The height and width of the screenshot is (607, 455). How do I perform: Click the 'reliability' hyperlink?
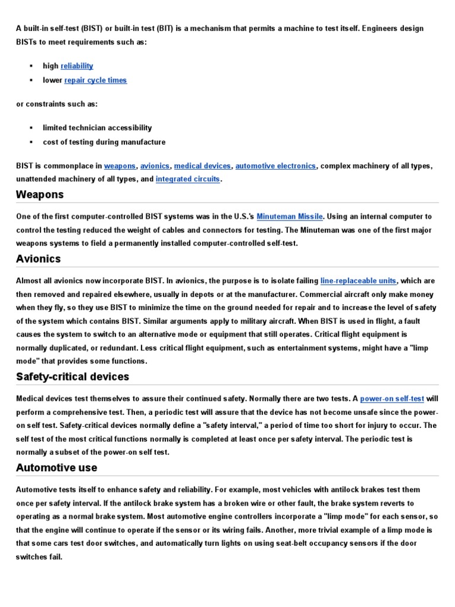click(76, 66)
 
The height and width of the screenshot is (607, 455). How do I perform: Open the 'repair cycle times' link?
click(95, 80)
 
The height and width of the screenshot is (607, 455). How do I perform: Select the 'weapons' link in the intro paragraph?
click(120, 166)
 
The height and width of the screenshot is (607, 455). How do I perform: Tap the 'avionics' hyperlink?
click(155, 166)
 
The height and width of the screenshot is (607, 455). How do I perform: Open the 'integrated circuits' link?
click(187, 179)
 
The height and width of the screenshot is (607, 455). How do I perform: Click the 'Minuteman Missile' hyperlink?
click(290, 217)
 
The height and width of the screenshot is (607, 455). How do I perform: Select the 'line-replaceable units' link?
click(358, 280)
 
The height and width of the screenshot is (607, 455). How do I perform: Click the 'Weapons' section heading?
click(40, 195)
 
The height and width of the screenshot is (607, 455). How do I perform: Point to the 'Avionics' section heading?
click(39, 258)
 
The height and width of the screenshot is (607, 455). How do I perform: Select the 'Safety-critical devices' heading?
click(72, 377)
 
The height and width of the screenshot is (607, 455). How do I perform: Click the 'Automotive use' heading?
click(56, 468)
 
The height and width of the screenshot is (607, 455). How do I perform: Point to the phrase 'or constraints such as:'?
click(57, 104)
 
